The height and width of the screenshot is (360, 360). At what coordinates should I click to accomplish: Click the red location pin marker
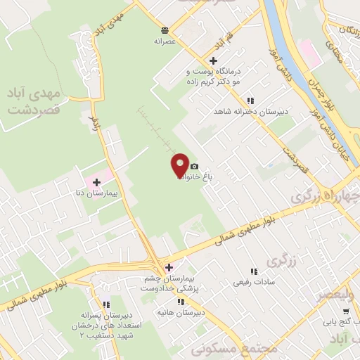pos(180,165)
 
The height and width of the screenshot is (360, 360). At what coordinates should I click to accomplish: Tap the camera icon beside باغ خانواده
pos(194,166)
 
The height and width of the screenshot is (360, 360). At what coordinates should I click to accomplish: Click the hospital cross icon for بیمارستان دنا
pos(106,182)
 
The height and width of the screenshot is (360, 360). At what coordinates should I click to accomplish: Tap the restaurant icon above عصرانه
pos(164,30)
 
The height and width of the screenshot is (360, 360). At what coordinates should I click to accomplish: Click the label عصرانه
pos(163,41)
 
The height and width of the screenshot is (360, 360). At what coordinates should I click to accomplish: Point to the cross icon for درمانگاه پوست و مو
pos(213,60)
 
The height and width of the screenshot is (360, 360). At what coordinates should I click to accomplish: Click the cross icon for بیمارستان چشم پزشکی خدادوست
pos(169,266)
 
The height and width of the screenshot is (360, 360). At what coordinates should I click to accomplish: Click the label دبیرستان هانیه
pos(189,311)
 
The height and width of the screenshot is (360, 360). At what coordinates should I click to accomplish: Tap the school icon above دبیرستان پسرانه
pos(106,304)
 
